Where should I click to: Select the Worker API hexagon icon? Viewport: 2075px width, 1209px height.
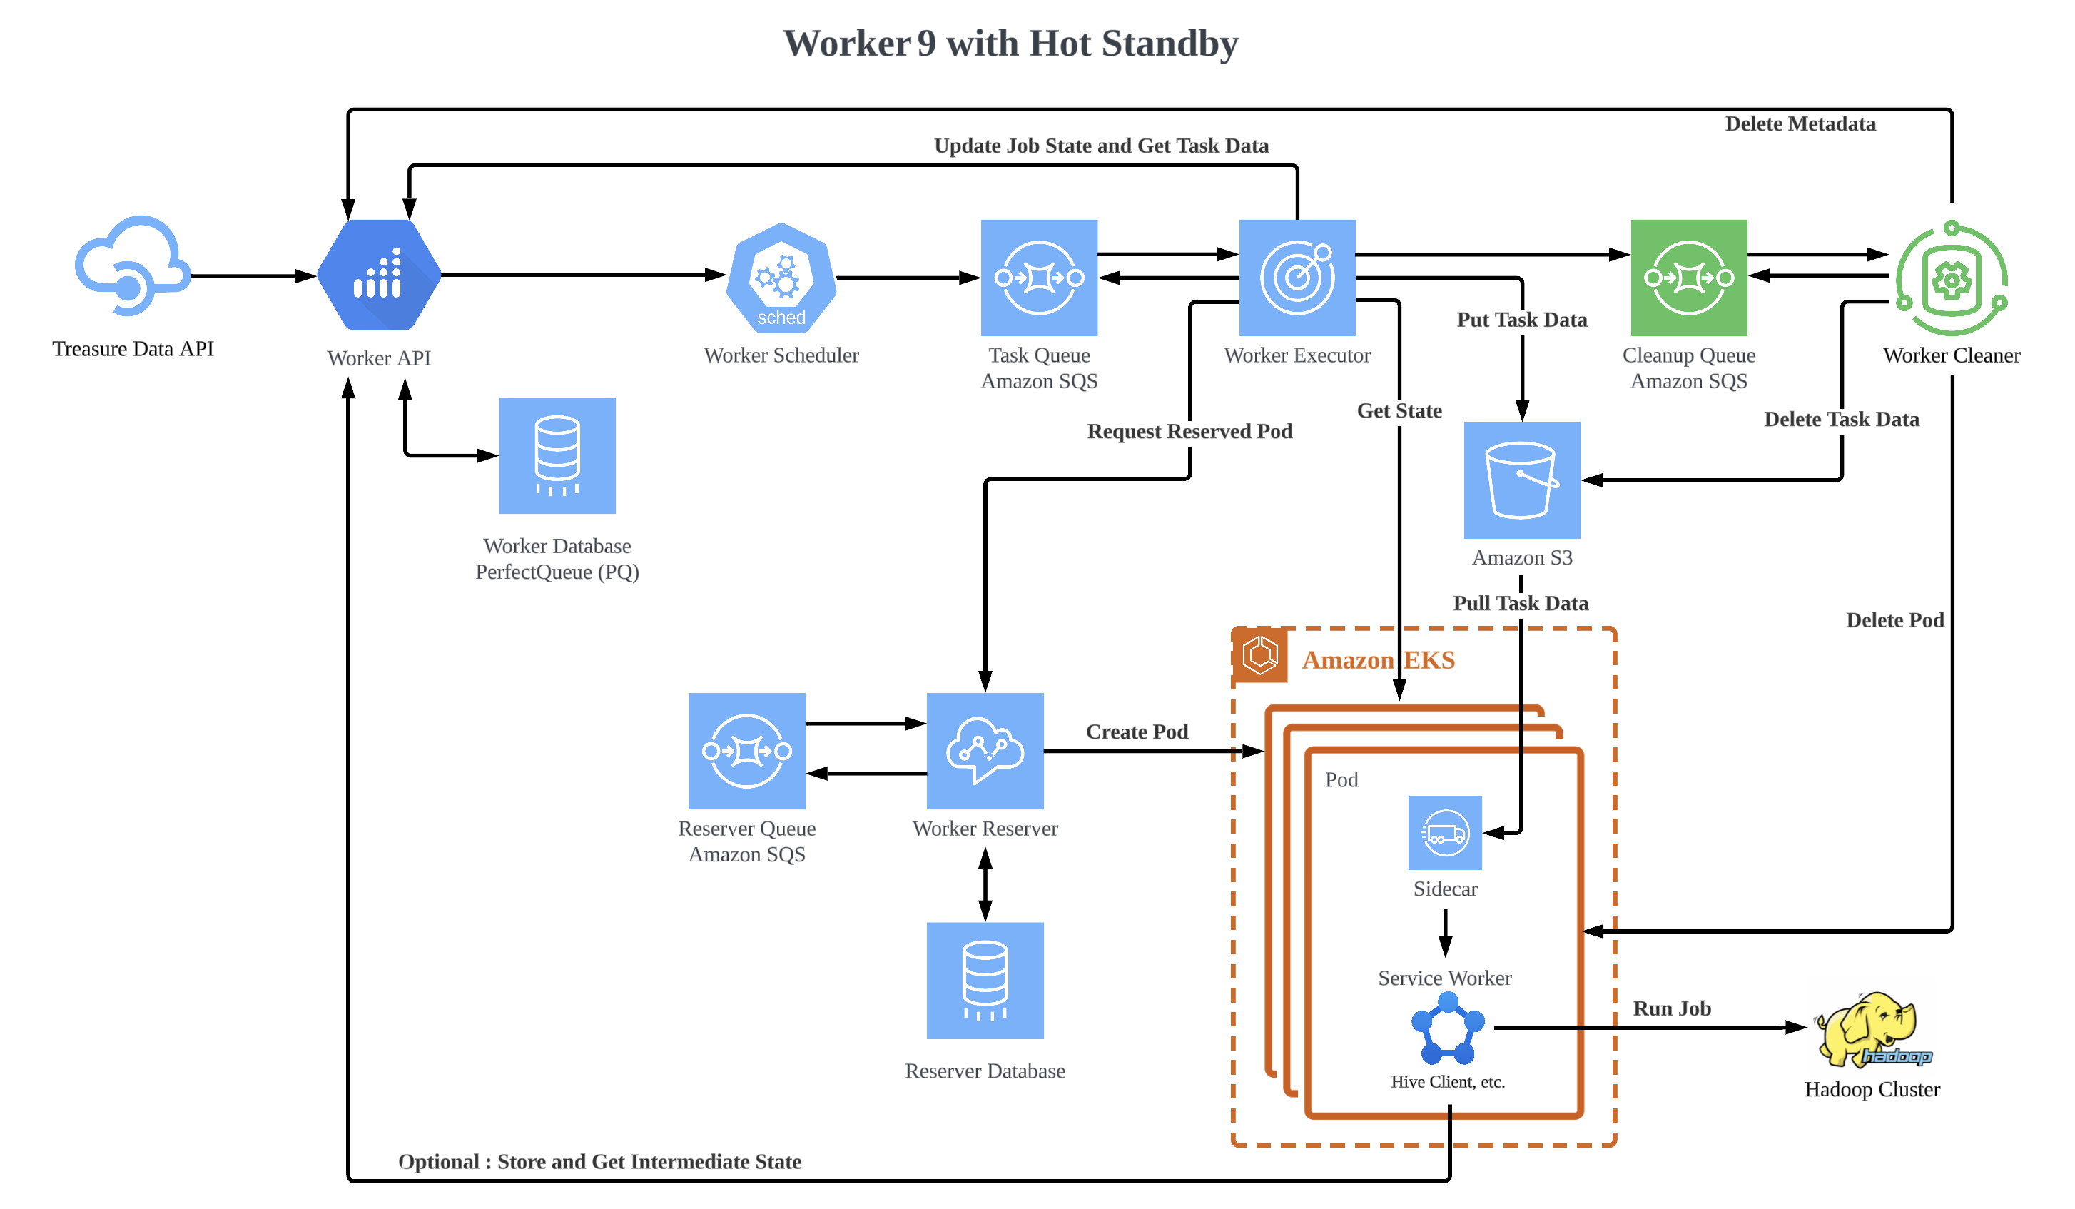380,276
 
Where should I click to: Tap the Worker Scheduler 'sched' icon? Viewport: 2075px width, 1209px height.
781,278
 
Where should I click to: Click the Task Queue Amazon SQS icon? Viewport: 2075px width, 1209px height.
1039,278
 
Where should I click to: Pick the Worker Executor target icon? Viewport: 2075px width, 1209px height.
1297,278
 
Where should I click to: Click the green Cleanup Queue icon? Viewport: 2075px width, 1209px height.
1689,278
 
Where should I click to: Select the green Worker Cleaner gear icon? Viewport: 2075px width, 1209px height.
1952,279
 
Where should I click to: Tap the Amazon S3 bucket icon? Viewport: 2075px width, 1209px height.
1522,480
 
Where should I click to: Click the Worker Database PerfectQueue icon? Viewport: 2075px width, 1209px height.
557,455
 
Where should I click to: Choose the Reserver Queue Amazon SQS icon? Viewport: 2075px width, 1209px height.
747,750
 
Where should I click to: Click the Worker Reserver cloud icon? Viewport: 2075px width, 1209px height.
985,750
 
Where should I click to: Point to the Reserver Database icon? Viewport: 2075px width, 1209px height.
985,980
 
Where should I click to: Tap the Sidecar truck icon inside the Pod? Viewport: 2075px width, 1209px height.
1444,833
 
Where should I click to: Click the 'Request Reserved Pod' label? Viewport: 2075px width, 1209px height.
1189,432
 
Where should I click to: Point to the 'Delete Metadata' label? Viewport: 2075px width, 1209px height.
1800,124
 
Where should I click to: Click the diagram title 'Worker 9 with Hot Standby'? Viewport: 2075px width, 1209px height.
1010,44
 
